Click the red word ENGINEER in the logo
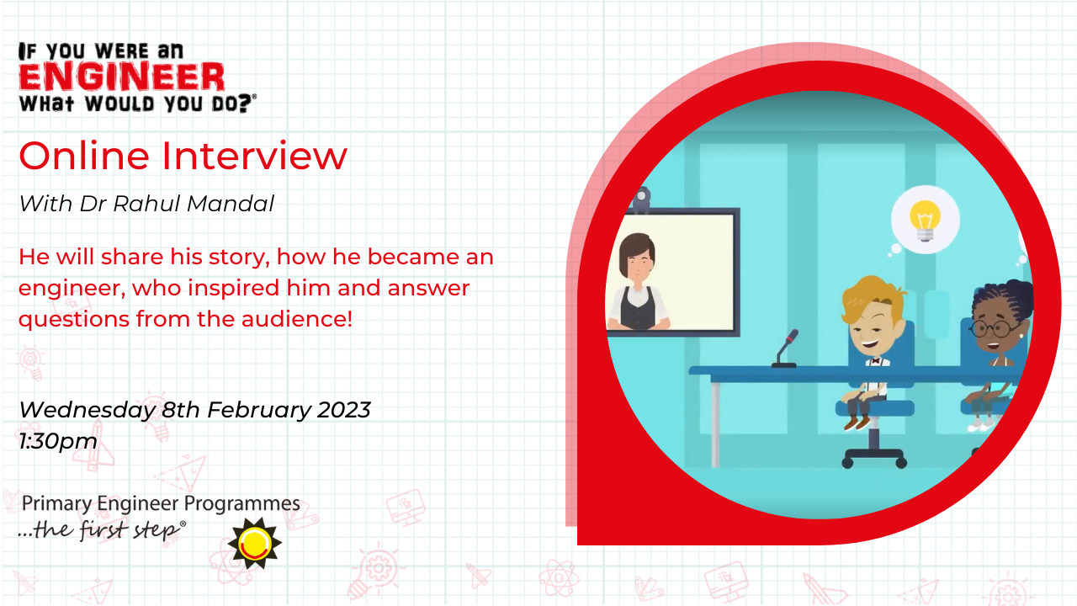(x=122, y=77)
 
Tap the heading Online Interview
(x=183, y=156)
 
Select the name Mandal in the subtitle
(x=230, y=204)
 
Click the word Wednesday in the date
(x=87, y=410)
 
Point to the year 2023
(x=343, y=410)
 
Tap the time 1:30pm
(x=58, y=442)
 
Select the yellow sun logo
(x=255, y=544)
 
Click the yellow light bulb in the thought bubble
(x=925, y=221)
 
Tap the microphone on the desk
(x=786, y=348)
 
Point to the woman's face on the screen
(x=638, y=263)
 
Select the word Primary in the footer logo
(x=56, y=504)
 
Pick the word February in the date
(x=259, y=410)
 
